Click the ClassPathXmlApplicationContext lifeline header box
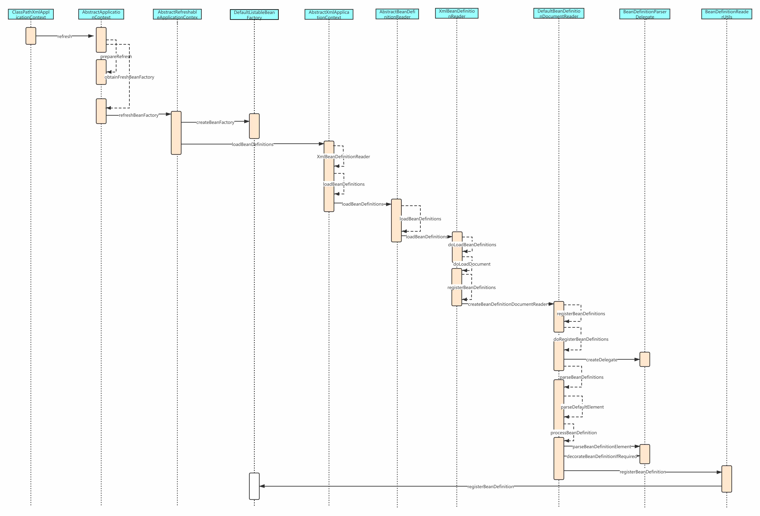(31, 14)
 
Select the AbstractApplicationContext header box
(101, 14)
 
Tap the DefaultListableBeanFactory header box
(254, 15)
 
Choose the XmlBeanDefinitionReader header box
(457, 13)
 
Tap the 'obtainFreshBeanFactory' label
(130, 77)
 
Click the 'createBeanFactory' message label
(215, 122)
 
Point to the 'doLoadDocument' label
(471, 264)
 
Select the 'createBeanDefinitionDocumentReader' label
(507, 304)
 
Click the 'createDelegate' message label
(601, 360)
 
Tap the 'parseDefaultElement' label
(582, 407)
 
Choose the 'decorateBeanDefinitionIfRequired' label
(601, 456)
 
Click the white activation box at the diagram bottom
(254, 486)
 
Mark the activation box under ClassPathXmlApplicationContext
(31, 36)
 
